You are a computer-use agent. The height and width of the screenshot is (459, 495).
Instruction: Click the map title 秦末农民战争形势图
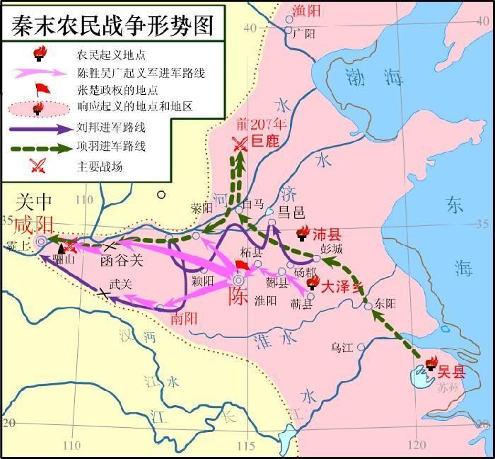[x=111, y=23]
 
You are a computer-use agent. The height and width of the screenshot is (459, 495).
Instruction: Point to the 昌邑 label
[x=290, y=211]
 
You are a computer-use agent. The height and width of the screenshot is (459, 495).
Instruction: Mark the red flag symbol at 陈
[x=242, y=266]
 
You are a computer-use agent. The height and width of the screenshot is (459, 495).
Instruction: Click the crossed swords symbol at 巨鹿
[x=242, y=143]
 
